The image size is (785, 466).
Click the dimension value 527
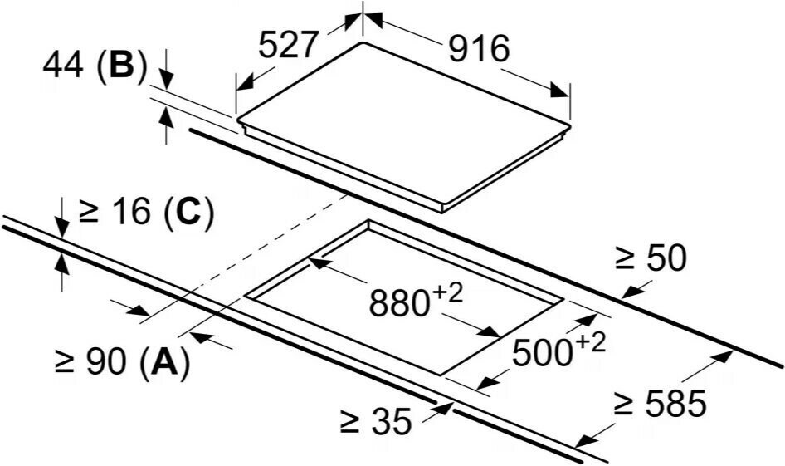point(288,46)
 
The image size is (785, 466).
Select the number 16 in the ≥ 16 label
point(128,213)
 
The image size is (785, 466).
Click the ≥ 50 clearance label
point(651,259)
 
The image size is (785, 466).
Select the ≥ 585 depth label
point(661,405)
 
